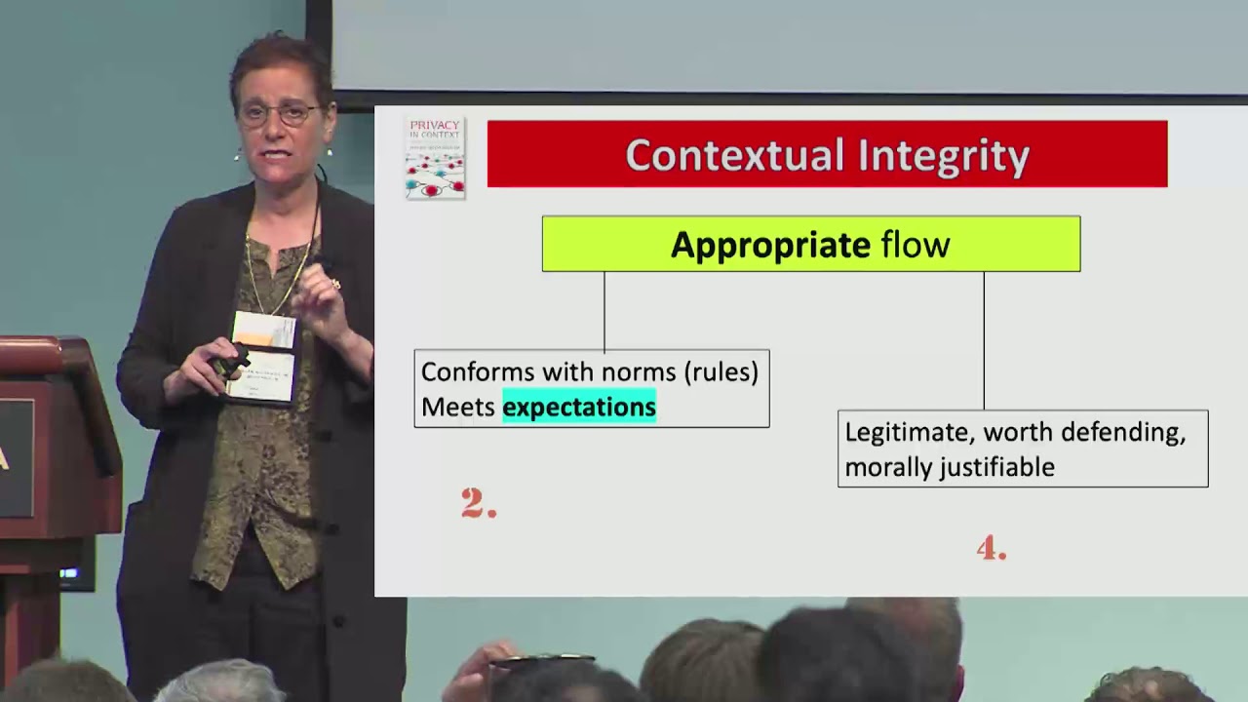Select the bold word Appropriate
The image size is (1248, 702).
(770, 245)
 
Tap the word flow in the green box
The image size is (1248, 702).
(916, 245)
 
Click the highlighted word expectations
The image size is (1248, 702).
(579, 407)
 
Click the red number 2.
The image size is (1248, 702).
(478, 503)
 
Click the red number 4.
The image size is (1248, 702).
(991, 549)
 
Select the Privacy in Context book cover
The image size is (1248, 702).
(435, 158)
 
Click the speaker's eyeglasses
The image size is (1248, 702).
(280, 113)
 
